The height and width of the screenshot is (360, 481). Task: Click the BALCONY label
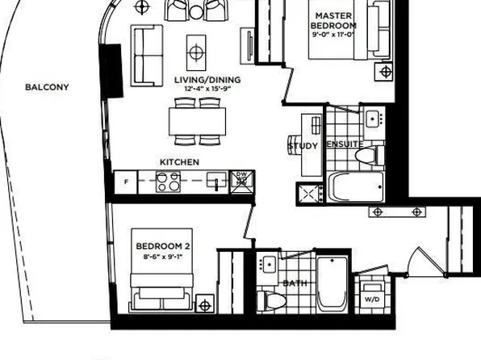tap(47, 87)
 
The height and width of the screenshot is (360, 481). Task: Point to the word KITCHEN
tap(179, 162)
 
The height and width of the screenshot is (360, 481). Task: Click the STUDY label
tap(303, 146)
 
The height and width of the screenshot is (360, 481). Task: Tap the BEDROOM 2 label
tap(161, 245)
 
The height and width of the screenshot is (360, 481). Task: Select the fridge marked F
tap(125, 182)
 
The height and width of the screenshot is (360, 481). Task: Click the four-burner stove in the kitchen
tap(167, 182)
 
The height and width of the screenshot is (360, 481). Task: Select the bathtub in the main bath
tap(332, 284)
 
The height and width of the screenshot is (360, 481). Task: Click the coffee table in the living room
tap(196, 52)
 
